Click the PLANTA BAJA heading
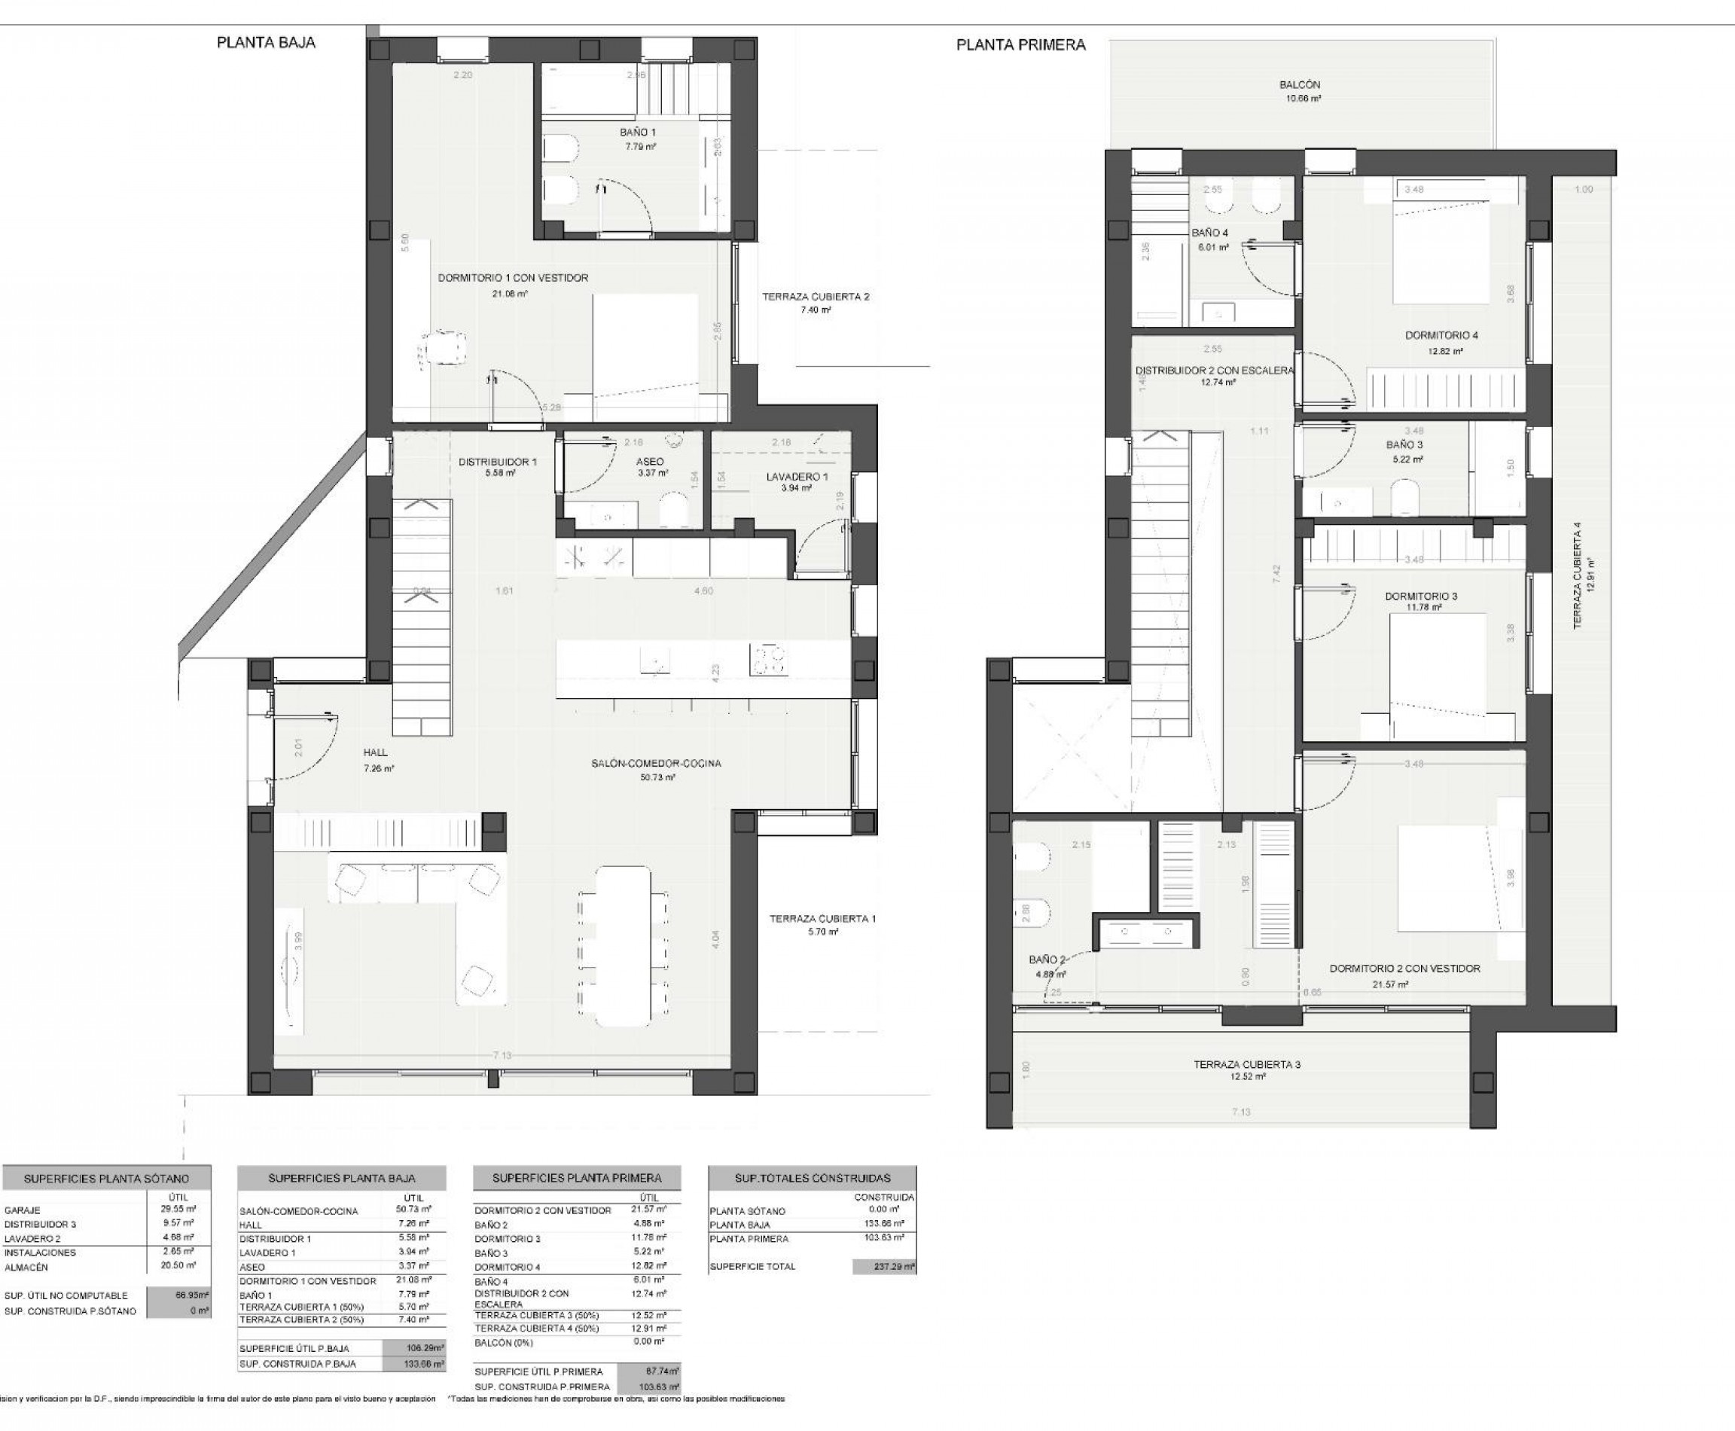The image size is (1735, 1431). pos(265,43)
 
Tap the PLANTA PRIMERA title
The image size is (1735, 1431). pos(1020,45)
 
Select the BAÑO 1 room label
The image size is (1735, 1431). pos(637,132)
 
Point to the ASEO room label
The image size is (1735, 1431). pos(651,462)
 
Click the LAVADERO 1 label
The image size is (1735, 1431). pos(796,477)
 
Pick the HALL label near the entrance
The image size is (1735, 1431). pos(375,752)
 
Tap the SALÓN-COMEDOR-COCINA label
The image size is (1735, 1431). pos(656,763)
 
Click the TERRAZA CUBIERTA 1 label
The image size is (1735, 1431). pos(822,918)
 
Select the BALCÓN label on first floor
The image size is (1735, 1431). pos(1300,85)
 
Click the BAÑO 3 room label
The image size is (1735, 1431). pos(1404,445)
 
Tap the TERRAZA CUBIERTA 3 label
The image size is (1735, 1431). pos(1246,1064)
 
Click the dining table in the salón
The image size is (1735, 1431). pos(622,944)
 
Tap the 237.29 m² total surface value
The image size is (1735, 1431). pos(883,1266)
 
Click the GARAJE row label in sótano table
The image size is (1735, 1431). pos(23,1210)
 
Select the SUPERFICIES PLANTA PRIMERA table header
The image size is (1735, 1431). pos(576,1178)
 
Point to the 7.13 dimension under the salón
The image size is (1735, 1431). pos(502,1055)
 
